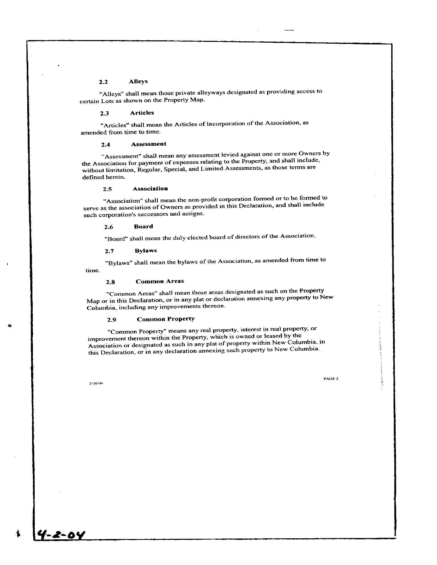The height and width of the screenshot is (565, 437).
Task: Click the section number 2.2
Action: tap(103, 82)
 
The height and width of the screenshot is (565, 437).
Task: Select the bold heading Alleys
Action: tap(138, 81)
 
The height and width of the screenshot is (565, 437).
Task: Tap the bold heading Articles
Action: tap(142, 113)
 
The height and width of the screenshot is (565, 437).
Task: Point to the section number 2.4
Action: tap(105, 145)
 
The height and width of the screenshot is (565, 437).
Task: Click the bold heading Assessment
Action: tap(149, 144)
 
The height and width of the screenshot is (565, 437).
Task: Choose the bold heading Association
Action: tap(150, 189)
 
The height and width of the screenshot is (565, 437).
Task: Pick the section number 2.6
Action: tap(108, 227)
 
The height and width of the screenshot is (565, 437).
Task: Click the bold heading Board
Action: tap(143, 227)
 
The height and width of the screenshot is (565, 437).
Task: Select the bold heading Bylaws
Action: tap(145, 251)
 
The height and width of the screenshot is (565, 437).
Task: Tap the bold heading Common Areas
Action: tap(160, 281)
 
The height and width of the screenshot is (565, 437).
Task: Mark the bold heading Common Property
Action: tap(166, 319)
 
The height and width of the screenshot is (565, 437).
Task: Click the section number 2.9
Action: tap(112, 320)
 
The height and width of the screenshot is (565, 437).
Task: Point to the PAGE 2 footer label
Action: tap(331, 379)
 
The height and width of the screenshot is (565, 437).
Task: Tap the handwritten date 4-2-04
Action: tap(61, 534)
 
